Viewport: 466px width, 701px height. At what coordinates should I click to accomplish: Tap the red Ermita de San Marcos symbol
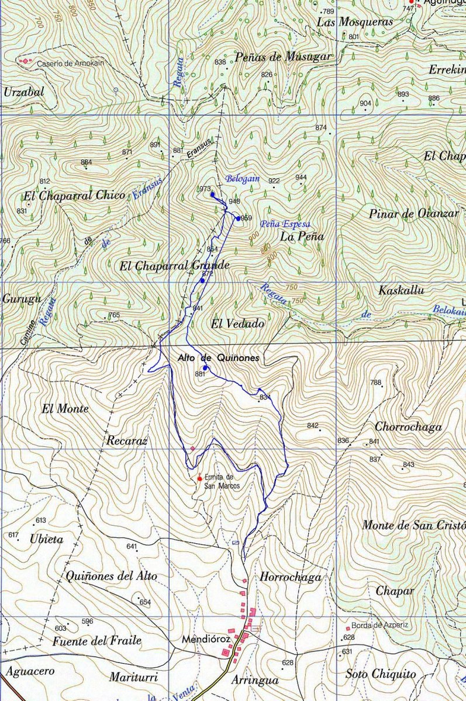click(200, 478)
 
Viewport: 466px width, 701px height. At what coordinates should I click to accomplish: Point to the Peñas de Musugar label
click(283, 57)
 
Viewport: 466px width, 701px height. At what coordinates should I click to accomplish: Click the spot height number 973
click(204, 189)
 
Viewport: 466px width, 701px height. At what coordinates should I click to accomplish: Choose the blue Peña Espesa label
click(285, 224)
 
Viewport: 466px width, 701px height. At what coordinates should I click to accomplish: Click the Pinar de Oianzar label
click(414, 213)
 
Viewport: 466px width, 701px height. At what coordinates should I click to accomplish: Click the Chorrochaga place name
click(408, 427)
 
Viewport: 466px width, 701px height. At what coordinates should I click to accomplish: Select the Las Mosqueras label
click(355, 22)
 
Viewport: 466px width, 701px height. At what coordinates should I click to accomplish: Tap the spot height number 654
click(145, 602)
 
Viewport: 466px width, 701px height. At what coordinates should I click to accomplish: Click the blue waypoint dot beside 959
click(237, 218)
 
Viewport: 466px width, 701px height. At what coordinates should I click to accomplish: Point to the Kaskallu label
click(401, 290)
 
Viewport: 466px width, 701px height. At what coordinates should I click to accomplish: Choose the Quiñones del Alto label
click(112, 576)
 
